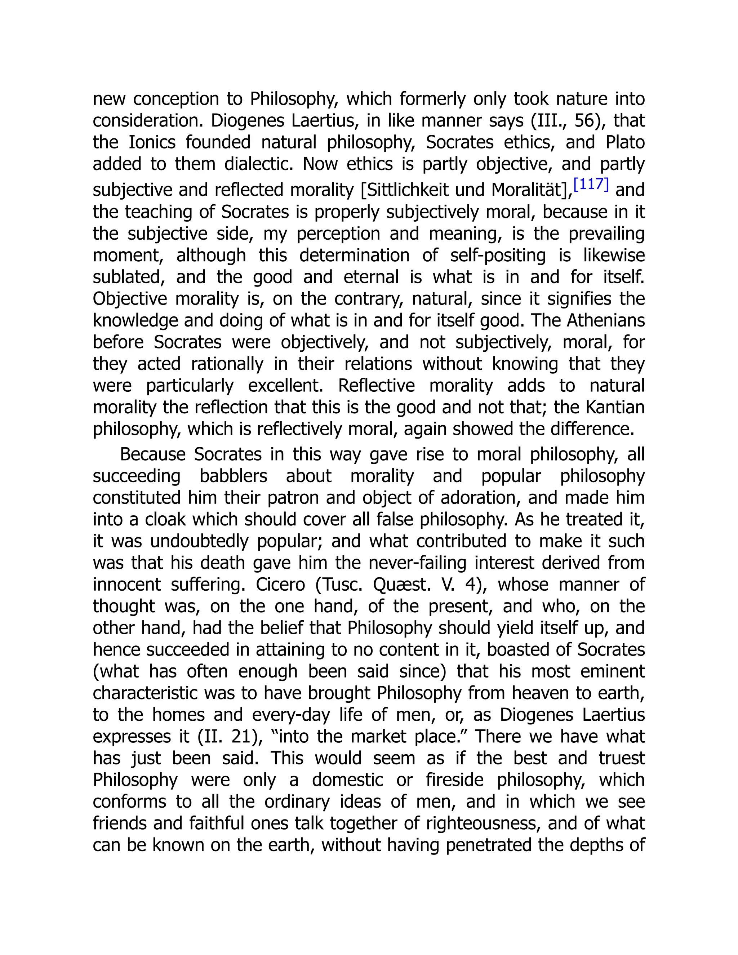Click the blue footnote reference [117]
point(591,185)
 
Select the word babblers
point(233,476)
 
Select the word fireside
point(455,781)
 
